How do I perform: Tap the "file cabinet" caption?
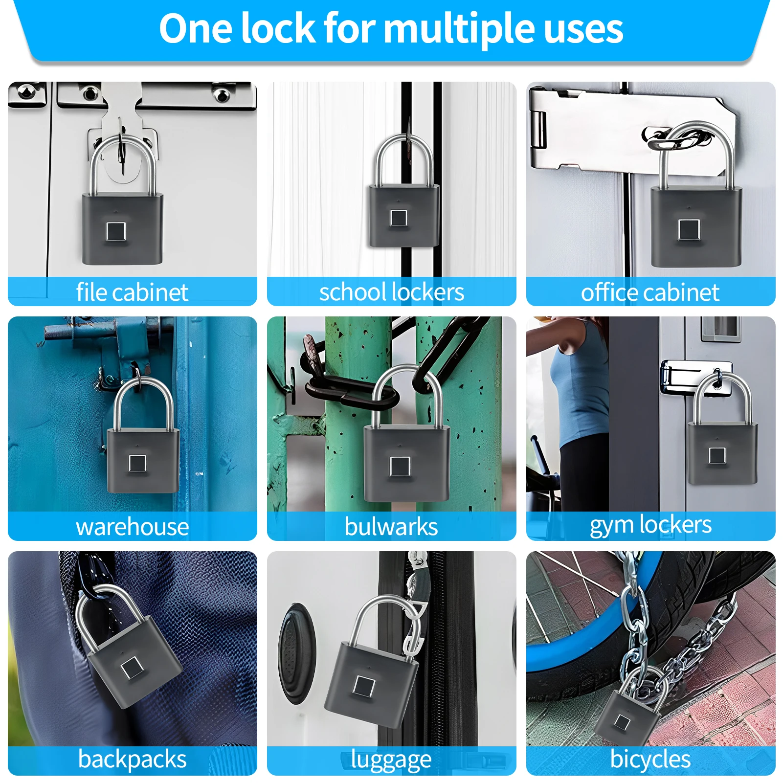(132, 292)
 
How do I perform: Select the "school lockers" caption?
(391, 292)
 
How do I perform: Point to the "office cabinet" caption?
(650, 292)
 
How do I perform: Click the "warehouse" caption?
(132, 527)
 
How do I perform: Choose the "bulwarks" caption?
(391, 527)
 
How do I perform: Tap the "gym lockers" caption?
(650, 525)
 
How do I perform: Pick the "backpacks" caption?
(132, 759)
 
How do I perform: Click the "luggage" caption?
(391, 760)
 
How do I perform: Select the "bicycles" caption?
(650, 759)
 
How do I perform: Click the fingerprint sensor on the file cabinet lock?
(115, 231)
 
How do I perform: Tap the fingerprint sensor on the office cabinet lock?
(689, 229)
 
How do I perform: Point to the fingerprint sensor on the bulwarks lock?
(400, 466)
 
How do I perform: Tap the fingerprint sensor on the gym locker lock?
(717, 455)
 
